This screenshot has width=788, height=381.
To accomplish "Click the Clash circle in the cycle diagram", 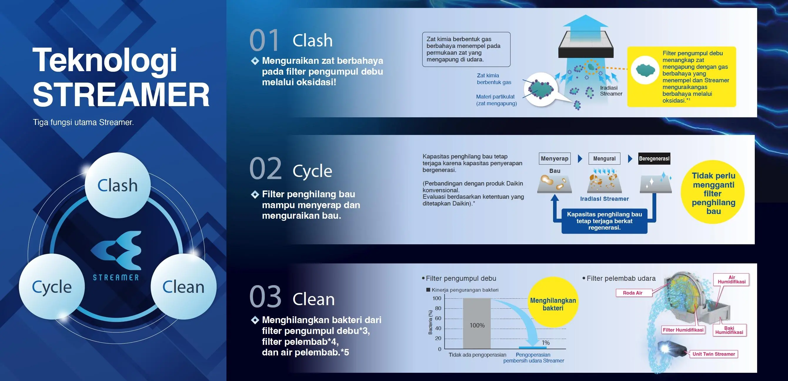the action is (118, 185).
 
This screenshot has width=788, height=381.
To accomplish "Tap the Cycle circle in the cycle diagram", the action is (52, 287).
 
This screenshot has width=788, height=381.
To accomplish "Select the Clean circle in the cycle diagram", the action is (183, 287).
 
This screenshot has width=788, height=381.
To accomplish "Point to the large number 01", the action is (264, 40).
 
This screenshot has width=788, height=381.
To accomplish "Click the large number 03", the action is (265, 296).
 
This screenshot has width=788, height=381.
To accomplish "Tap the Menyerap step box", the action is (554, 158).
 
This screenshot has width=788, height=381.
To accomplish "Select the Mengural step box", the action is (604, 158).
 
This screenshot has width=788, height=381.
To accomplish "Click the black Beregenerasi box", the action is (654, 158).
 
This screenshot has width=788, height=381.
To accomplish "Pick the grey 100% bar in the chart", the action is (477, 323).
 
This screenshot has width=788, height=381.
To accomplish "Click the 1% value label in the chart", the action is (546, 343).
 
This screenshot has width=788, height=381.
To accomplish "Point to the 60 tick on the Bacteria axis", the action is (438, 318).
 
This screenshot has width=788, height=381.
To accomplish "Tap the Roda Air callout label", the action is (632, 293).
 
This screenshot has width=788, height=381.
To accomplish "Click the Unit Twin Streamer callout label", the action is (714, 354).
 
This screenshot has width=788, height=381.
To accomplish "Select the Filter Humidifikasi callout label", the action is (683, 330).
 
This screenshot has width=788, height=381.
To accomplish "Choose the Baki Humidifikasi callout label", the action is (729, 330).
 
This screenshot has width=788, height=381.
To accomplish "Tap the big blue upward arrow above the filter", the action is (585, 23).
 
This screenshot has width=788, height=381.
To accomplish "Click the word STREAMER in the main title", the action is (121, 94).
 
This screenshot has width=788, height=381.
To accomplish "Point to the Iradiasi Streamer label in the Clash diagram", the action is (611, 91).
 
